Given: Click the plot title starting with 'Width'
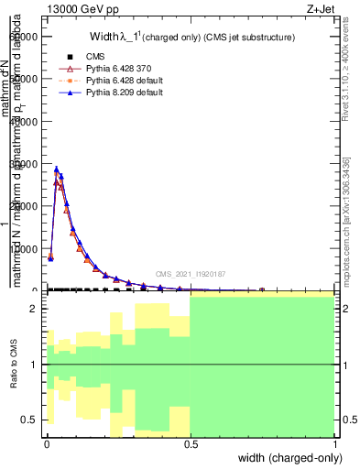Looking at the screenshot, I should [191, 38].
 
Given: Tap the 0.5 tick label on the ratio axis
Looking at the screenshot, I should [30, 420].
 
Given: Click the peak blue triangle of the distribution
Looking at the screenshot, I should [57, 169].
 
